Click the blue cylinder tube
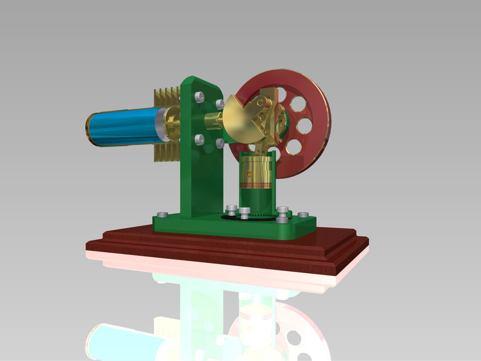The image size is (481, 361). (121, 127)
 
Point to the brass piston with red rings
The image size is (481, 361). (257, 172)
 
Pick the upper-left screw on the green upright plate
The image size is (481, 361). (198, 96)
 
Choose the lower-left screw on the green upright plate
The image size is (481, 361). (199, 139)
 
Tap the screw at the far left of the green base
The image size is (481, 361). (162, 214)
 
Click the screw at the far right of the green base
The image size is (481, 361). (303, 215)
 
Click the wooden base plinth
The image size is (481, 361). (226, 248)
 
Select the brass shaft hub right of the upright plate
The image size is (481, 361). (212, 121)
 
